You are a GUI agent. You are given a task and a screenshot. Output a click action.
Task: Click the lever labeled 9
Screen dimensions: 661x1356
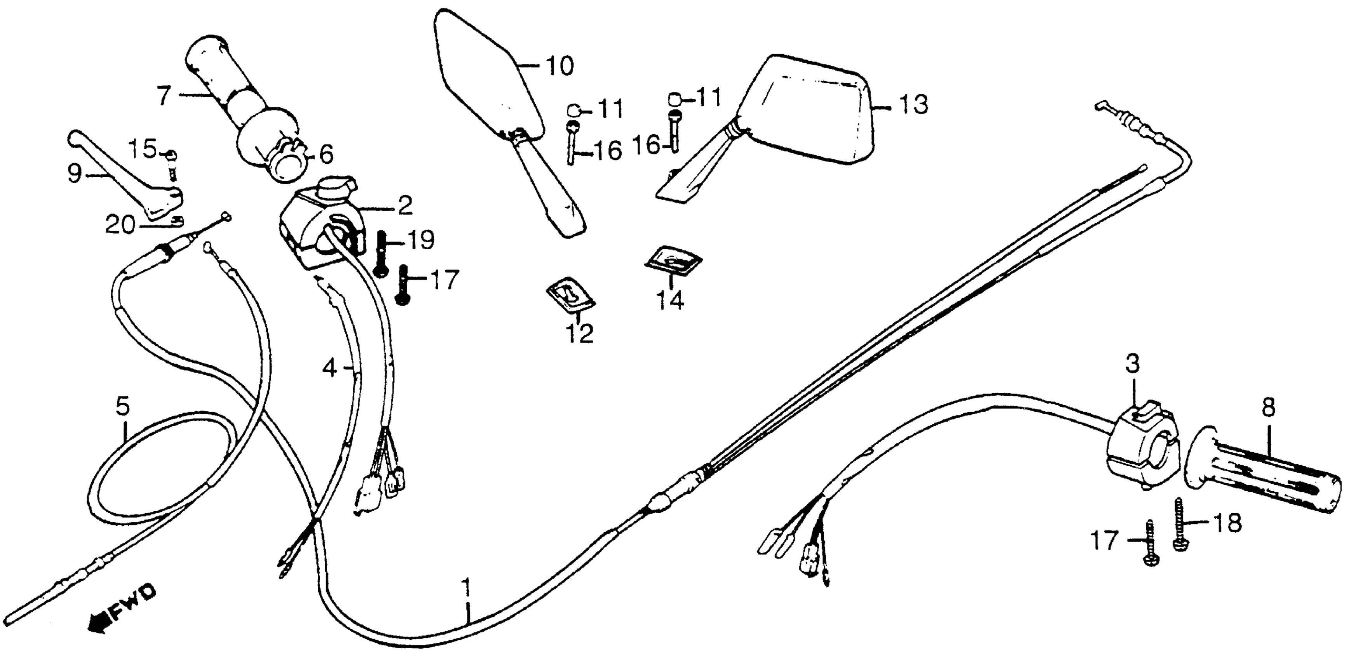click(126, 179)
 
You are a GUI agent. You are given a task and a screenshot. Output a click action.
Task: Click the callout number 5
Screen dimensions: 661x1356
click(122, 407)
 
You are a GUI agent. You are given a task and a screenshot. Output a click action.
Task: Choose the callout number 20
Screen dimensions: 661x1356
click(120, 226)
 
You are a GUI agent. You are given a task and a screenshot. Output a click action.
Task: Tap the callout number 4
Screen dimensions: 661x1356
click(330, 368)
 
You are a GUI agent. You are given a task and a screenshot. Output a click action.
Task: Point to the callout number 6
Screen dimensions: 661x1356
click(326, 154)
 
